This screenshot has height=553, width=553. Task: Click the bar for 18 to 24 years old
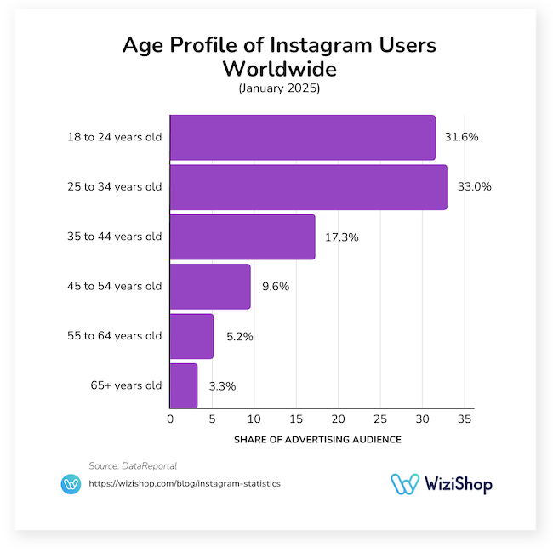click(302, 138)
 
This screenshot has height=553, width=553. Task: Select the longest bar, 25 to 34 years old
click(308, 187)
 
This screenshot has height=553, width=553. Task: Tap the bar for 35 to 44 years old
click(242, 237)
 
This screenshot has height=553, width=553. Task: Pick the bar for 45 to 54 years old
click(210, 286)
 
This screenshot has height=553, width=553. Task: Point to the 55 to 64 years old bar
click(191, 336)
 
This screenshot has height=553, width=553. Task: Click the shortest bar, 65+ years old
click(184, 385)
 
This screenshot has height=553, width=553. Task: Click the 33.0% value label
click(475, 187)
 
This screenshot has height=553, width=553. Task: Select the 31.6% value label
click(462, 138)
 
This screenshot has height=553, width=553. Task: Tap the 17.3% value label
click(342, 237)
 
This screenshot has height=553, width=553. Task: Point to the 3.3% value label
click(221, 385)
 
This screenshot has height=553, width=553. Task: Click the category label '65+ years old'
click(126, 385)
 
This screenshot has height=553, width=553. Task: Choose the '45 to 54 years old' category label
click(115, 287)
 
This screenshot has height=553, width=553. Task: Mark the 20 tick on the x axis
click(338, 419)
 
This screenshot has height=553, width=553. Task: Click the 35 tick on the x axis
click(464, 419)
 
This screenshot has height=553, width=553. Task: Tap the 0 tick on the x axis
click(170, 419)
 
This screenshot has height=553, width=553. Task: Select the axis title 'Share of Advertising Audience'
click(316, 440)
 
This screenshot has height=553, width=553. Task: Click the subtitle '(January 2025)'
click(276, 88)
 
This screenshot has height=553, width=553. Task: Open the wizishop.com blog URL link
click(185, 483)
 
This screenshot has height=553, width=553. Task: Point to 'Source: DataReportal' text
click(132, 465)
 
